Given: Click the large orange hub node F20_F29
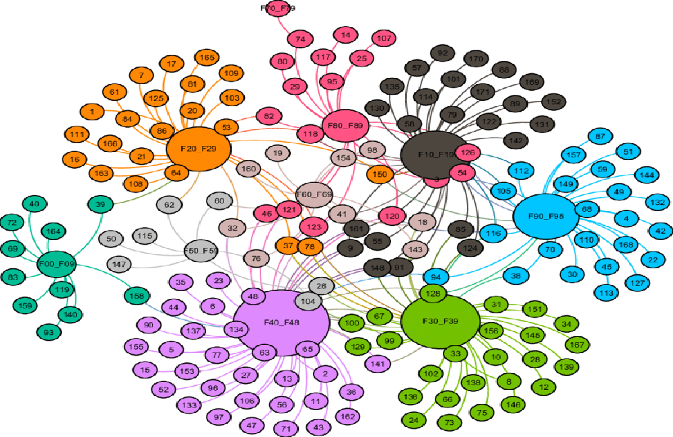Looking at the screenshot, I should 199,149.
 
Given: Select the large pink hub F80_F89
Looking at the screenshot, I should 345,125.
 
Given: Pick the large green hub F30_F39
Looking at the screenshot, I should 441,321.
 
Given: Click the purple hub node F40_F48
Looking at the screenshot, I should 281,323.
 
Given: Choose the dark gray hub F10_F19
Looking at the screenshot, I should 435,155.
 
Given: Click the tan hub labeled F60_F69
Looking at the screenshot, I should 314,194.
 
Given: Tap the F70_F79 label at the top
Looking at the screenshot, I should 277,8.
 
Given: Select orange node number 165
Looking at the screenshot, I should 207,58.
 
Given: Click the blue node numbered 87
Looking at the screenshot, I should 601,136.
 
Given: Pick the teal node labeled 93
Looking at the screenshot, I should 48,331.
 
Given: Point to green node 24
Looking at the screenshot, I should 413,421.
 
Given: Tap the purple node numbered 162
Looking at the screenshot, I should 347,416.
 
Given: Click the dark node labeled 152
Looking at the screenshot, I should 554,102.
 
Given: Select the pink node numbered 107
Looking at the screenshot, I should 384,38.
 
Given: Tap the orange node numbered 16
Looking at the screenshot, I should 74,159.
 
